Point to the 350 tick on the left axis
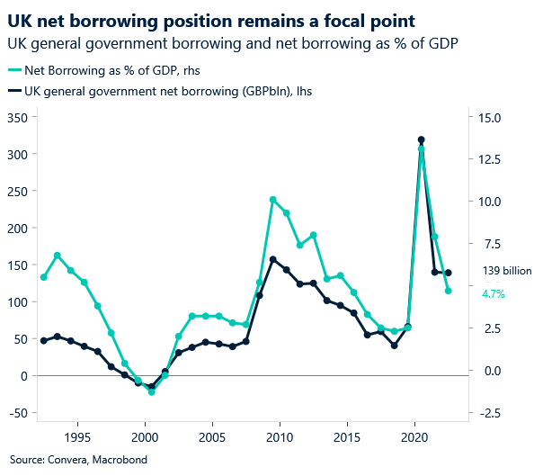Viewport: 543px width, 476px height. click(x=16, y=118)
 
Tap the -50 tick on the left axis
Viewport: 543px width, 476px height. click(x=14, y=413)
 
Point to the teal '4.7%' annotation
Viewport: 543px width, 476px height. click(x=494, y=293)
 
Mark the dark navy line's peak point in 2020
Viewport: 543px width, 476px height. click(x=421, y=139)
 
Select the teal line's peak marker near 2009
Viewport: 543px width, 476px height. click(x=272, y=200)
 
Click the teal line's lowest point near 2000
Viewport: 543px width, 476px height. click(x=151, y=392)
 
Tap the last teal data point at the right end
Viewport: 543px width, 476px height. click(x=448, y=291)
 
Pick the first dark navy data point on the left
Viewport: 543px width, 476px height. click(x=43, y=340)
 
